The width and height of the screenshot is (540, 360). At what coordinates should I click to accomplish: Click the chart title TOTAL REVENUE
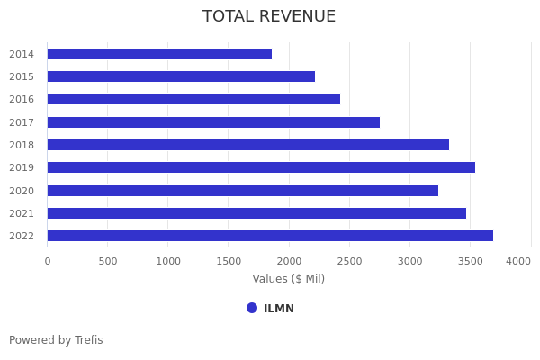tap(269, 17)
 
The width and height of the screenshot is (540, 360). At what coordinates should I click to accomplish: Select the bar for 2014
tap(159, 54)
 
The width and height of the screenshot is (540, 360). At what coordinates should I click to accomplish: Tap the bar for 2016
tap(193, 99)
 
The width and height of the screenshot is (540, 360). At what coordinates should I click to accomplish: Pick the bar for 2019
tap(261, 167)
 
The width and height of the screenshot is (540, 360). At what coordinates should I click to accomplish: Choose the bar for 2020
tap(243, 191)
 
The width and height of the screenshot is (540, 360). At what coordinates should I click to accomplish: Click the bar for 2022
tap(270, 236)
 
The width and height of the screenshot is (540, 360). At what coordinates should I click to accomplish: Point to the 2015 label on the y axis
tap(22, 76)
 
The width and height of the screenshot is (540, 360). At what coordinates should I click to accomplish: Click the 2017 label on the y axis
tap(22, 122)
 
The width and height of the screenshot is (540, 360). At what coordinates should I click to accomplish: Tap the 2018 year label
tap(22, 145)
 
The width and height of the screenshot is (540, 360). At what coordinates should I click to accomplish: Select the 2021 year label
tap(22, 213)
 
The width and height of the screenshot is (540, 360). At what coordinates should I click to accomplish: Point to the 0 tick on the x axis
tap(48, 261)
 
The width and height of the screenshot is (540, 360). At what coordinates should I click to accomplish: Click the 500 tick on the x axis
tap(108, 261)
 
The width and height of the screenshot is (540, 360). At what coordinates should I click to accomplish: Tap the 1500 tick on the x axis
tap(229, 261)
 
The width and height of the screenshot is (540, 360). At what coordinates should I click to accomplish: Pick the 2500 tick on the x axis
tap(349, 261)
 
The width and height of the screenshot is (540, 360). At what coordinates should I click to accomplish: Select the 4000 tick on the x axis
tap(518, 261)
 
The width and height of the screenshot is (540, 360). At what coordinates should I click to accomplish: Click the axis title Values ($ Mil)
tap(288, 279)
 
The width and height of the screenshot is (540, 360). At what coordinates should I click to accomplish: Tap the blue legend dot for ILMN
tap(252, 308)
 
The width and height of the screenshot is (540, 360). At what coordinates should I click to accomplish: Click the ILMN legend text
tap(279, 309)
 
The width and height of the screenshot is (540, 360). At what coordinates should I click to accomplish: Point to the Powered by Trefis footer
tap(56, 340)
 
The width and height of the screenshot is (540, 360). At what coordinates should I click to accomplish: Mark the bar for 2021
tap(256, 213)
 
